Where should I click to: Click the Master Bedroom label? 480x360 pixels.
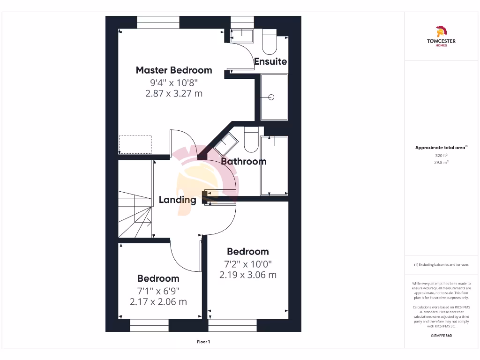click(174, 70)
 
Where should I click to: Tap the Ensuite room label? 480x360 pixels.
click(270, 61)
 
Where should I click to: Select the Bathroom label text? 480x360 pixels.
click(244, 161)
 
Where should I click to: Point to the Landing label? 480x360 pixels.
click(177, 200)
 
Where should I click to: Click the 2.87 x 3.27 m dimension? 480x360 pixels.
click(174, 93)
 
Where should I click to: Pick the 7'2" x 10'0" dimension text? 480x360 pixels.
click(247, 264)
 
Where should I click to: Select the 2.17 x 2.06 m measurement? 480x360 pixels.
click(158, 301)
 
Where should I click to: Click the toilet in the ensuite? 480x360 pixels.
click(270, 42)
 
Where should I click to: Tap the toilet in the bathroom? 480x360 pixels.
click(251, 140)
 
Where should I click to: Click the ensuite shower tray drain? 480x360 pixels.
click(270, 97)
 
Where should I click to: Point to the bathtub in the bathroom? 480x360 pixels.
click(274, 165)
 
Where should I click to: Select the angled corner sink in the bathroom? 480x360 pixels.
click(226, 143)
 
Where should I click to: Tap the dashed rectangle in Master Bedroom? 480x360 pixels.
click(135, 144)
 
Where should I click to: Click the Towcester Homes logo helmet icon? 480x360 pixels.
click(441, 32)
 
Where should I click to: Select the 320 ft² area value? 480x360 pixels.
click(441, 155)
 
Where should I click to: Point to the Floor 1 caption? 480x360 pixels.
click(203, 342)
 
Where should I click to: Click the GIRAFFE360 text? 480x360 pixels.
click(441, 336)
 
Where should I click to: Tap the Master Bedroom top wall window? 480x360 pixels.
click(158, 22)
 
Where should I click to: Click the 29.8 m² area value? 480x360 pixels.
click(441, 162)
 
